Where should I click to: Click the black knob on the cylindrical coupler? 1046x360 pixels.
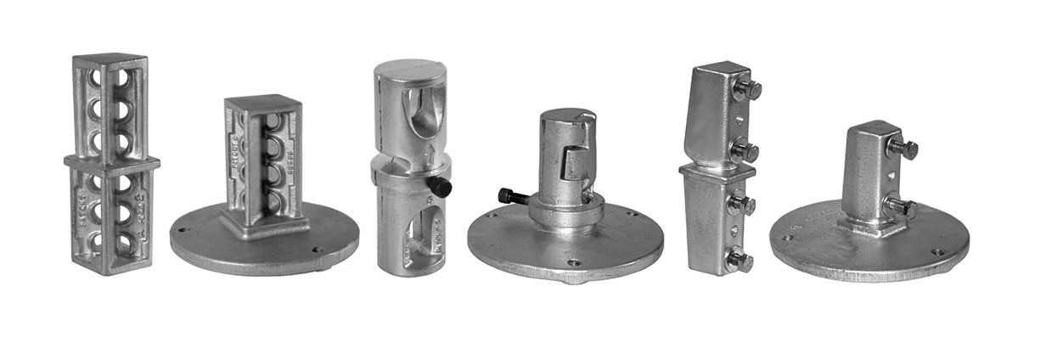441,186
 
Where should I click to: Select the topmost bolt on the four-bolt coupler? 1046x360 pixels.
746,89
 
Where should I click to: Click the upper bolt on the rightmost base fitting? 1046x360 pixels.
903,149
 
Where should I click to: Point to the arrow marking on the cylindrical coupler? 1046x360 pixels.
430,153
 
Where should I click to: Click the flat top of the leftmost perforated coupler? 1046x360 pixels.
110,59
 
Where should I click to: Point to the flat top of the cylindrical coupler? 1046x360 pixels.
410,69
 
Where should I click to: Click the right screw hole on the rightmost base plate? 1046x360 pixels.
936,252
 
